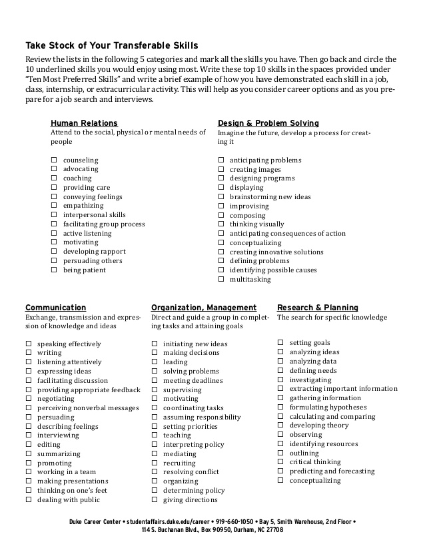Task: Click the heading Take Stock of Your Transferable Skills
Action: tap(111, 45)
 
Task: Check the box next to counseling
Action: tap(54, 160)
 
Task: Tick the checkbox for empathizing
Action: tap(54, 206)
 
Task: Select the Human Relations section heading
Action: tap(84, 123)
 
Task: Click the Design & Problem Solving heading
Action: tap(268, 123)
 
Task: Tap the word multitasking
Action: tap(250, 280)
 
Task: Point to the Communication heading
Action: tap(55, 308)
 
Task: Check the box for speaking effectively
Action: tap(29, 344)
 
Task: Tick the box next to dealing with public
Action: tap(29, 499)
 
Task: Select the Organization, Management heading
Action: tap(204, 308)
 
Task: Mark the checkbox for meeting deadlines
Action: tap(155, 381)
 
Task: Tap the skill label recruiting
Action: tap(180, 463)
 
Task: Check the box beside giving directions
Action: tap(155, 499)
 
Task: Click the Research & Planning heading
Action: tap(317, 308)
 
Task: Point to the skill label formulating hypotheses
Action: tap(328, 408)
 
